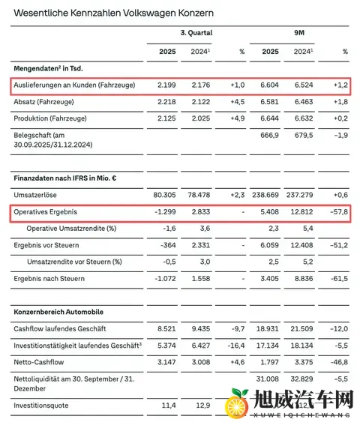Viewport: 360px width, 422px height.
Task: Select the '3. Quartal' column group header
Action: pos(196,33)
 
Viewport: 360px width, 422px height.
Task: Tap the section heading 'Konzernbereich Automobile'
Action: pos(58,311)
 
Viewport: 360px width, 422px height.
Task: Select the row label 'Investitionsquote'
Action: pos(43,405)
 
